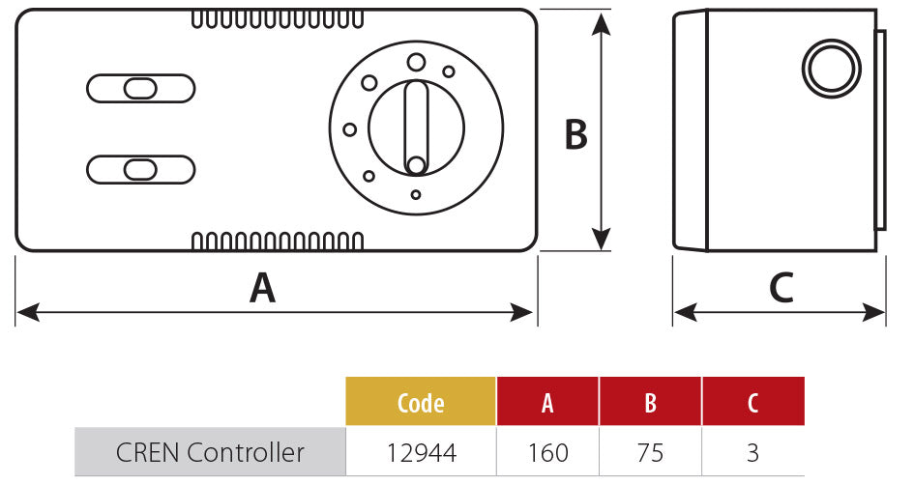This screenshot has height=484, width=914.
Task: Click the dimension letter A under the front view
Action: (263, 288)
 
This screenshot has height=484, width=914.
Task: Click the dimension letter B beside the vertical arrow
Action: (576, 135)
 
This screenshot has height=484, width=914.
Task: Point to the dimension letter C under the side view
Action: (781, 288)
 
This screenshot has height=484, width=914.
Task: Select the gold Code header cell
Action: (421, 403)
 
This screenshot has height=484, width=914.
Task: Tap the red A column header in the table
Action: (547, 403)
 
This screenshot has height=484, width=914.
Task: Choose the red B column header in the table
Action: (650, 403)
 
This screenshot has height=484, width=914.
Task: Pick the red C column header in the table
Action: (753, 403)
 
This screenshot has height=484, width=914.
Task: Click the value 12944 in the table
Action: (421, 451)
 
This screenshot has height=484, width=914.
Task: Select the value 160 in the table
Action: (547, 451)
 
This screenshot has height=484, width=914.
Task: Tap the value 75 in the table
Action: (650, 451)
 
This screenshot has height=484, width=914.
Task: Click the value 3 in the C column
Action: (753, 451)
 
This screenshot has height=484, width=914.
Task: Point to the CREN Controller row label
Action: (210, 451)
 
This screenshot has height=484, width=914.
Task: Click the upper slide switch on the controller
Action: (141, 89)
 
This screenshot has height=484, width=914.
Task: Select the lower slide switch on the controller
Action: (141, 170)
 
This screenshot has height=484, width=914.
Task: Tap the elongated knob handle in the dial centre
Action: (416, 127)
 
